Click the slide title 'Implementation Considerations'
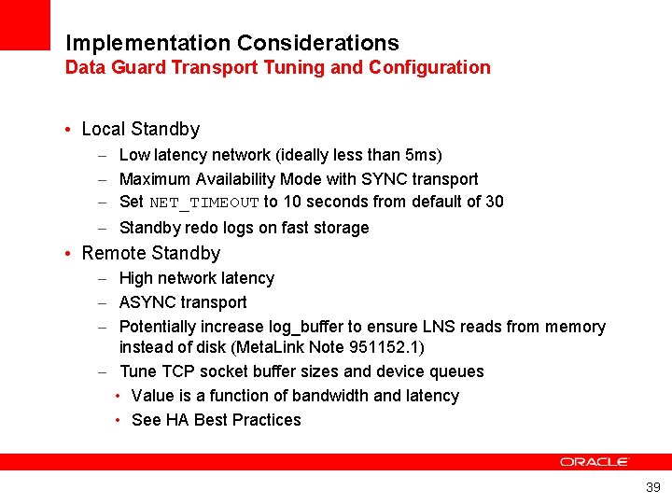pyautogui.click(x=231, y=43)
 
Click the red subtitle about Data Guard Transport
pyautogui.click(x=277, y=67)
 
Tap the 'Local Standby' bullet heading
pyautogui.click(x=140, y=129)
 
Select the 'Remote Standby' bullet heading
pyautogui.click(x=150, y=253)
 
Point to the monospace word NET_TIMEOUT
pyautogui.click(x=203, y=203)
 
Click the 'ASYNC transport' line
pyautogui.click(x=183, y=302)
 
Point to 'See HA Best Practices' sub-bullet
pyautogui.click(x=216, y=420)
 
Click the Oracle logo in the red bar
pyautogui.click(x=595, y=462)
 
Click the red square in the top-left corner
pyautogui.click(x=24, y=24)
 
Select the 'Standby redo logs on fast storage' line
pyautogui.click(x=244, y=228)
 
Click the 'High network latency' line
pyautogui.click(x=196, y=278)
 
